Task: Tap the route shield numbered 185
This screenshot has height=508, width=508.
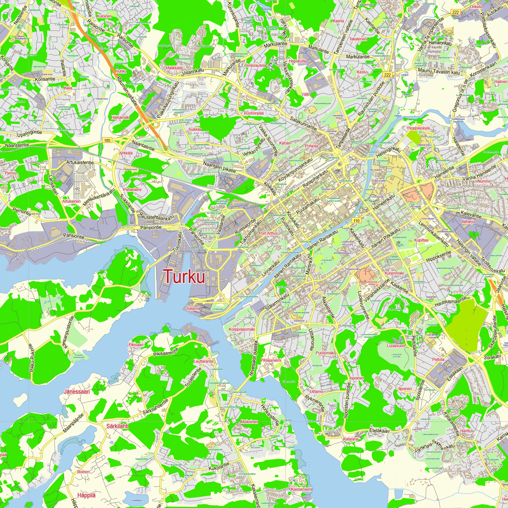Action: click(x=107, y=140)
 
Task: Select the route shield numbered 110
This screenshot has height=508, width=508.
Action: click(x=356, y=221)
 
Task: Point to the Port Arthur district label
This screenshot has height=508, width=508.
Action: click(x=268, y=233)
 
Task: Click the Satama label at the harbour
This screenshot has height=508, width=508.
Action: click(x=193, y=308)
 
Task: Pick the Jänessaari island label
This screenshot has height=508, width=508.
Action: click(x=77, y=392)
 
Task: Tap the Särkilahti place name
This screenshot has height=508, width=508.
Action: click(x=117, y=426)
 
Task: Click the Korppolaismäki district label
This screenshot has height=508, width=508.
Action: click(x=242, y=329)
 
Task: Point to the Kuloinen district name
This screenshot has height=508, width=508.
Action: click(x=104, y=16)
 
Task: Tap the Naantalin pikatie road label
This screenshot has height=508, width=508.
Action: click(x=219, y=167)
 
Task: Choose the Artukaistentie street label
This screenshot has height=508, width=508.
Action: click(x=80, y=163)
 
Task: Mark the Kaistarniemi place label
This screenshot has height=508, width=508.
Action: click(x=301, y=489)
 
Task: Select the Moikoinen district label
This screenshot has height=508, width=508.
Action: click(x=249, y=422)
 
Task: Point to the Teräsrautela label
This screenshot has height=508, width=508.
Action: click(x=255, y=65)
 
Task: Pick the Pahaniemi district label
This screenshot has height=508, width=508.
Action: click(x=132, y=189)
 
